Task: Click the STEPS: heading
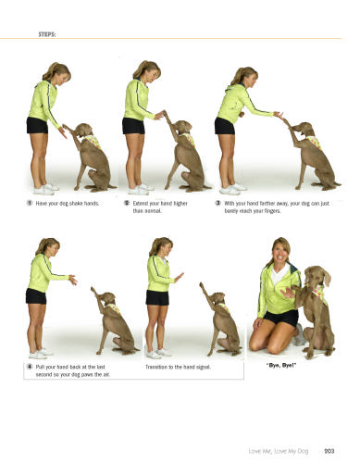[47, 34]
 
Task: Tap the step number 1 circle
[30, 203]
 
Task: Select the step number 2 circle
[127, 203]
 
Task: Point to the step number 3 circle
[217, 203]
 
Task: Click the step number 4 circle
[30, 367]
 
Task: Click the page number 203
[329, 451]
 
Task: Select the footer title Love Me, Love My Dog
[279, 451]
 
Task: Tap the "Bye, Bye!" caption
[281, 366]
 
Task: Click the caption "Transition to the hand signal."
[178, 367]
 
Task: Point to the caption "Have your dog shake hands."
[68, 204]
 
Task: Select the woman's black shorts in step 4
[36, 296]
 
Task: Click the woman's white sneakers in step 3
[233, 189]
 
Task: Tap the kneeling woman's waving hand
[287, 293]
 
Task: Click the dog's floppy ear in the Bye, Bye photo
[326, 277]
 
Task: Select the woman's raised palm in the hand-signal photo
[179, 277]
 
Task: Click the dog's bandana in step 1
[93, 142]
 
